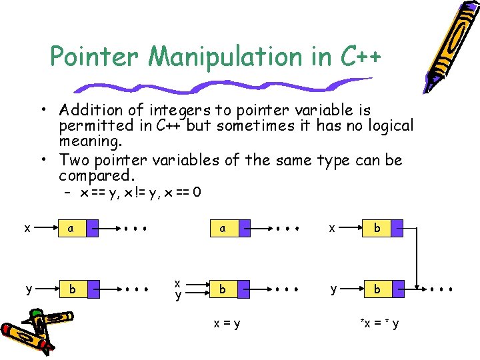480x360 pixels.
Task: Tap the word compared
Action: pyautogui.click(x=97, y=175)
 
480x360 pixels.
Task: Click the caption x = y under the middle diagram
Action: pyautogui.click(x=227, y=323)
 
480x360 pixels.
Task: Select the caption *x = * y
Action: pyautogui.click(x=380, y=323)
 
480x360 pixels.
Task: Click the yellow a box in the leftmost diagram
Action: pyautogui.click(x=71, y=228)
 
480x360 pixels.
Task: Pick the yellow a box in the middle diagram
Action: pyautogui.click(x=223, y=228)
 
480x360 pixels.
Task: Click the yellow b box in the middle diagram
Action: pyautogui.click(x=223, y=290)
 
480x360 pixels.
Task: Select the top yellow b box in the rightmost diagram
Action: pyautogui.click(x=377, y=228)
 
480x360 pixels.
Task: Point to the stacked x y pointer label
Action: pyautogui.click(x=178, y=290)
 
